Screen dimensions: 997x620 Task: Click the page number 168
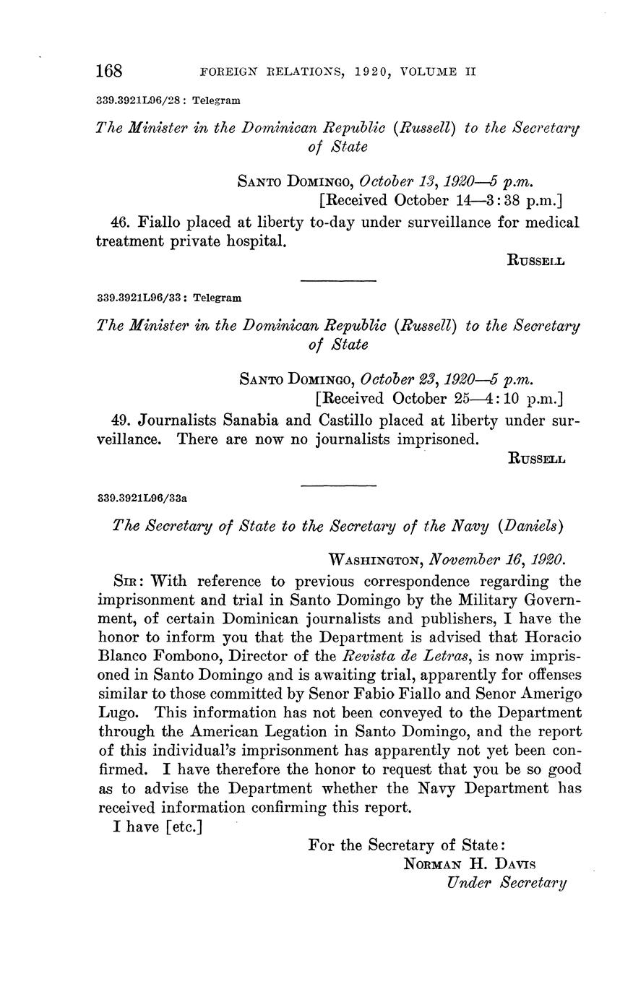(x=109, y=72)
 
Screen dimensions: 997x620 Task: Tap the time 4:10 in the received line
(x=512, y=398)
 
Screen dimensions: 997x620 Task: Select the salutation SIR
(x=127, y=581)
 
